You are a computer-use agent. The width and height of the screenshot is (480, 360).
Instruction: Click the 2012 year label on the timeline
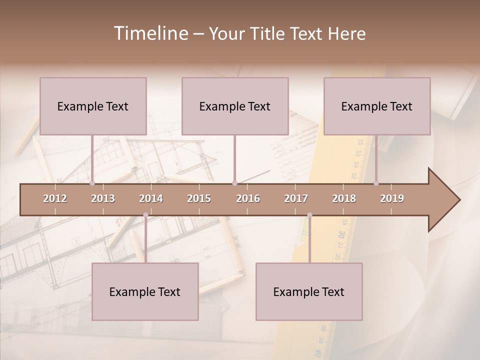[x=55, y=198]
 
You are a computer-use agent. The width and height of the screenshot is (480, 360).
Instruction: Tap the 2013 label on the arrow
[x=103, y=198]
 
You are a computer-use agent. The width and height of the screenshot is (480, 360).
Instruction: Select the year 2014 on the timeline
[x=151, y=198]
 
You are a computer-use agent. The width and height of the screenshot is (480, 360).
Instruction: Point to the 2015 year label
[x=199, y=198]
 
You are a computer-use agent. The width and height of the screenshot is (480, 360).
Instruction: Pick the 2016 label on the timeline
[x=248, y=198]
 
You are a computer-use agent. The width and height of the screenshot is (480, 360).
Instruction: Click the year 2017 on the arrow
[x=296, y=198]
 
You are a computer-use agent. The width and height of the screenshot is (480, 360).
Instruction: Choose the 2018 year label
[x=344, y=198]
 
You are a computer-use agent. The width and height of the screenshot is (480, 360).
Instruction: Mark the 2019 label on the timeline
[x=392, y=198]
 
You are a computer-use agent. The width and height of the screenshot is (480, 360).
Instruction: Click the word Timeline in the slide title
[x=150, y=33]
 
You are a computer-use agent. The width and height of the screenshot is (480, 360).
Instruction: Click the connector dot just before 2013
[x=92, y=183]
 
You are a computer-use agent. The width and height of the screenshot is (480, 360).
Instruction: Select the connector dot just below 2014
[x=145, y=215]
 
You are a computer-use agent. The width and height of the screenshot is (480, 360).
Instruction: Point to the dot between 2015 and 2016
[x=234, y=183]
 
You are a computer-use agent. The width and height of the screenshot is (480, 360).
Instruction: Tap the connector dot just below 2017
[x=309, y=215]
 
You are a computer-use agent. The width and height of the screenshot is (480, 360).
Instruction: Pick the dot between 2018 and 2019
[x=376, y=183]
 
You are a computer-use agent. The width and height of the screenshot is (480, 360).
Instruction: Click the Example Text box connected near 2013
[x=93, y=106]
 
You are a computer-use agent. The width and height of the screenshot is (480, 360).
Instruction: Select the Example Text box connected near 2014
[x=145, y=291]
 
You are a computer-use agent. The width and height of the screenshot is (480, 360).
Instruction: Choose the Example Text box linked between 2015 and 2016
[x=235, y=106]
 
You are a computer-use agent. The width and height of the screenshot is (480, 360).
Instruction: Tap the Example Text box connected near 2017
[x=309, y=291]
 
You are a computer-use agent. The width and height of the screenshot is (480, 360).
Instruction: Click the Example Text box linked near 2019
[x=377, y=106]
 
